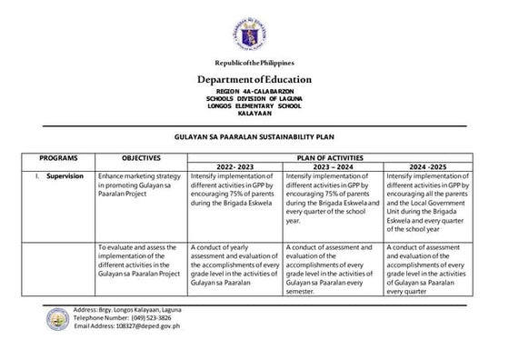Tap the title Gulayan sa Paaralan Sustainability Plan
click(254, 135)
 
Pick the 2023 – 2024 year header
click(331, 165)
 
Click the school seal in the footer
click(55, 318)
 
